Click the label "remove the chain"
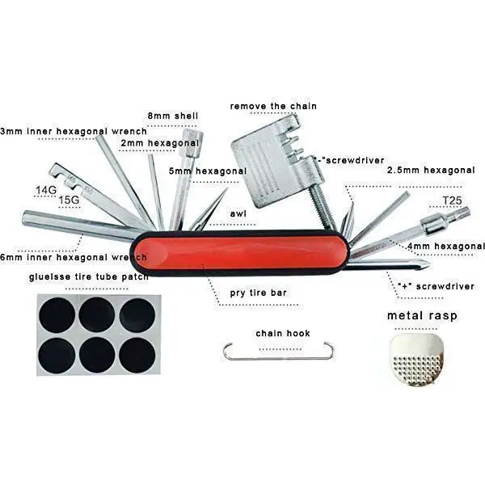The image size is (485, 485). coord(273,106)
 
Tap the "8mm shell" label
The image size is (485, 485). coord(172,116)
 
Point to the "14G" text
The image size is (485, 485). coord(47,191)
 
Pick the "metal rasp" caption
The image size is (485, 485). coord(421,315)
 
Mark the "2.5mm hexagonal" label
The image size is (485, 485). coord(431,171)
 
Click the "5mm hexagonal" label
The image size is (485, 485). coord(208,171)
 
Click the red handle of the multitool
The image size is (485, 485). coord(242,252)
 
